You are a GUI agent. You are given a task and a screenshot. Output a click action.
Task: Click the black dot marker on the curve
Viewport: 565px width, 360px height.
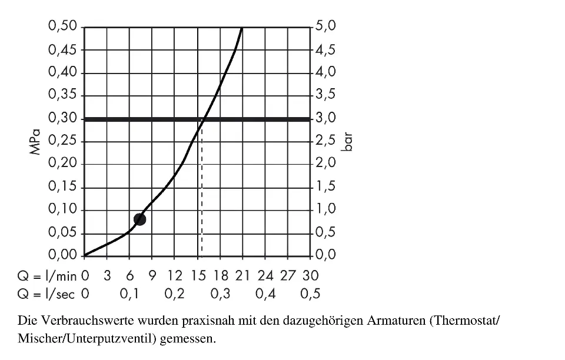click(x=139, y=219)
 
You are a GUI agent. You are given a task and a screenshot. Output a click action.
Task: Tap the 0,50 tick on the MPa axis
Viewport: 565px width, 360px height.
click(x=64, y=26)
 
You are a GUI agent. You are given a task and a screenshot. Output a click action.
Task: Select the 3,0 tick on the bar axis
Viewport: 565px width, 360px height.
click(x=325, y=118)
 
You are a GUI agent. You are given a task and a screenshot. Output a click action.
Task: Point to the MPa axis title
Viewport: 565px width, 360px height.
click(x=37, y=142)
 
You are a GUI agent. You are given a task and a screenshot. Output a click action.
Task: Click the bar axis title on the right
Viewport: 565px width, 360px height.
click(x=347, y=142)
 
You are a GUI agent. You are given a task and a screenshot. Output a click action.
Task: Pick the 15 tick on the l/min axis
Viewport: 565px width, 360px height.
click(x=197, y=275)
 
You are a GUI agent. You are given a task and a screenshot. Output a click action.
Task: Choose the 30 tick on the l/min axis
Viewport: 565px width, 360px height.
click(x=310, y=275)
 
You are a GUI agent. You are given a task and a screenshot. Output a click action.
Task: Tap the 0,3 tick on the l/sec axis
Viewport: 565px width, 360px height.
click(x=220, y=294)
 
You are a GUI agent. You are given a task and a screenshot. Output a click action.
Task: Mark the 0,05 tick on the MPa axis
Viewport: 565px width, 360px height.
click(x=64, y=233)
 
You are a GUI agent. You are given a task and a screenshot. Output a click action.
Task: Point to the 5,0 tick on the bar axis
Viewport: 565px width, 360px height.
click(x=325, y=26)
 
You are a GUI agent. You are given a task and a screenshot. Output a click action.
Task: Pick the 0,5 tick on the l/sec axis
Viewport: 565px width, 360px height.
click(x=310, y=294)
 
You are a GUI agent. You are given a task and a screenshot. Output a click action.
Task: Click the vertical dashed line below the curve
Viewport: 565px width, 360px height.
click(x=202, y=194)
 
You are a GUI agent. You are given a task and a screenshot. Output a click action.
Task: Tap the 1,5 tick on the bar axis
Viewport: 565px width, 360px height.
click(x=325, y=187)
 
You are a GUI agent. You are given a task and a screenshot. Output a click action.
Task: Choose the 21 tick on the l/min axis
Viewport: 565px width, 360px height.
click(x=242, y=275)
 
